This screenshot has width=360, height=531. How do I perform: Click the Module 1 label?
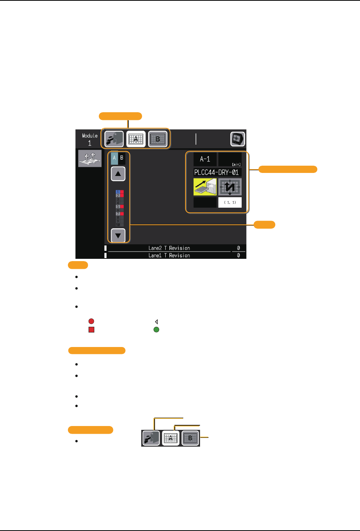click(90, 139)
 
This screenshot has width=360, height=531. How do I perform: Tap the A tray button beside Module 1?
click(136, 139)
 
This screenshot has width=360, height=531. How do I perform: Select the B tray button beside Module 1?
click(158, 139)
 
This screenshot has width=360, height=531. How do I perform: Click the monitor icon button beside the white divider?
click(237, 139)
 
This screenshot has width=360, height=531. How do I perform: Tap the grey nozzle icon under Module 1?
click(90, 158)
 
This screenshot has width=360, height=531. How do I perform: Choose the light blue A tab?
click(114, 158)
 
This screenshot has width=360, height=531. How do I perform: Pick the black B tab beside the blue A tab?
click(122, 158)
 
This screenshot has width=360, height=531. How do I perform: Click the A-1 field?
click(205, 159)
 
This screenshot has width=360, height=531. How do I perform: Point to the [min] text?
click(236, 165)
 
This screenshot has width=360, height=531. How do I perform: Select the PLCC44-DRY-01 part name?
click(217, 172)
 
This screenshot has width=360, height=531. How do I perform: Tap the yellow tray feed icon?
click(205, 187)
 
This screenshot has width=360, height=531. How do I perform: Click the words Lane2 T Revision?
click(169, 248)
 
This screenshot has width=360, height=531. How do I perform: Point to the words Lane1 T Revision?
click(169, 255)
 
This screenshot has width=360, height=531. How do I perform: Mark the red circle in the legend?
click(91, 321)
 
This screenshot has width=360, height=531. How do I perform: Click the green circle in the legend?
click(156, 329)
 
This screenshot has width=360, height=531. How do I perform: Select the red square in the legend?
click(91, 329)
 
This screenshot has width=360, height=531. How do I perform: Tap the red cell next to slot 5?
click(122, 207)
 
